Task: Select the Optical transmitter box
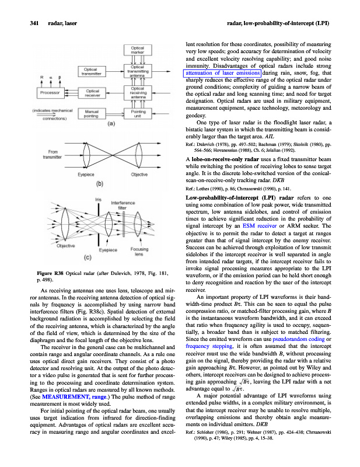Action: (x=95, y=71)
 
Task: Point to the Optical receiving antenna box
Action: (x=138, y=92)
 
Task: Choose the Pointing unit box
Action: (x=138, y=113)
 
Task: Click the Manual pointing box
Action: (x=95, y=113)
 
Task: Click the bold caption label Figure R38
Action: (x=50, y=273)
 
